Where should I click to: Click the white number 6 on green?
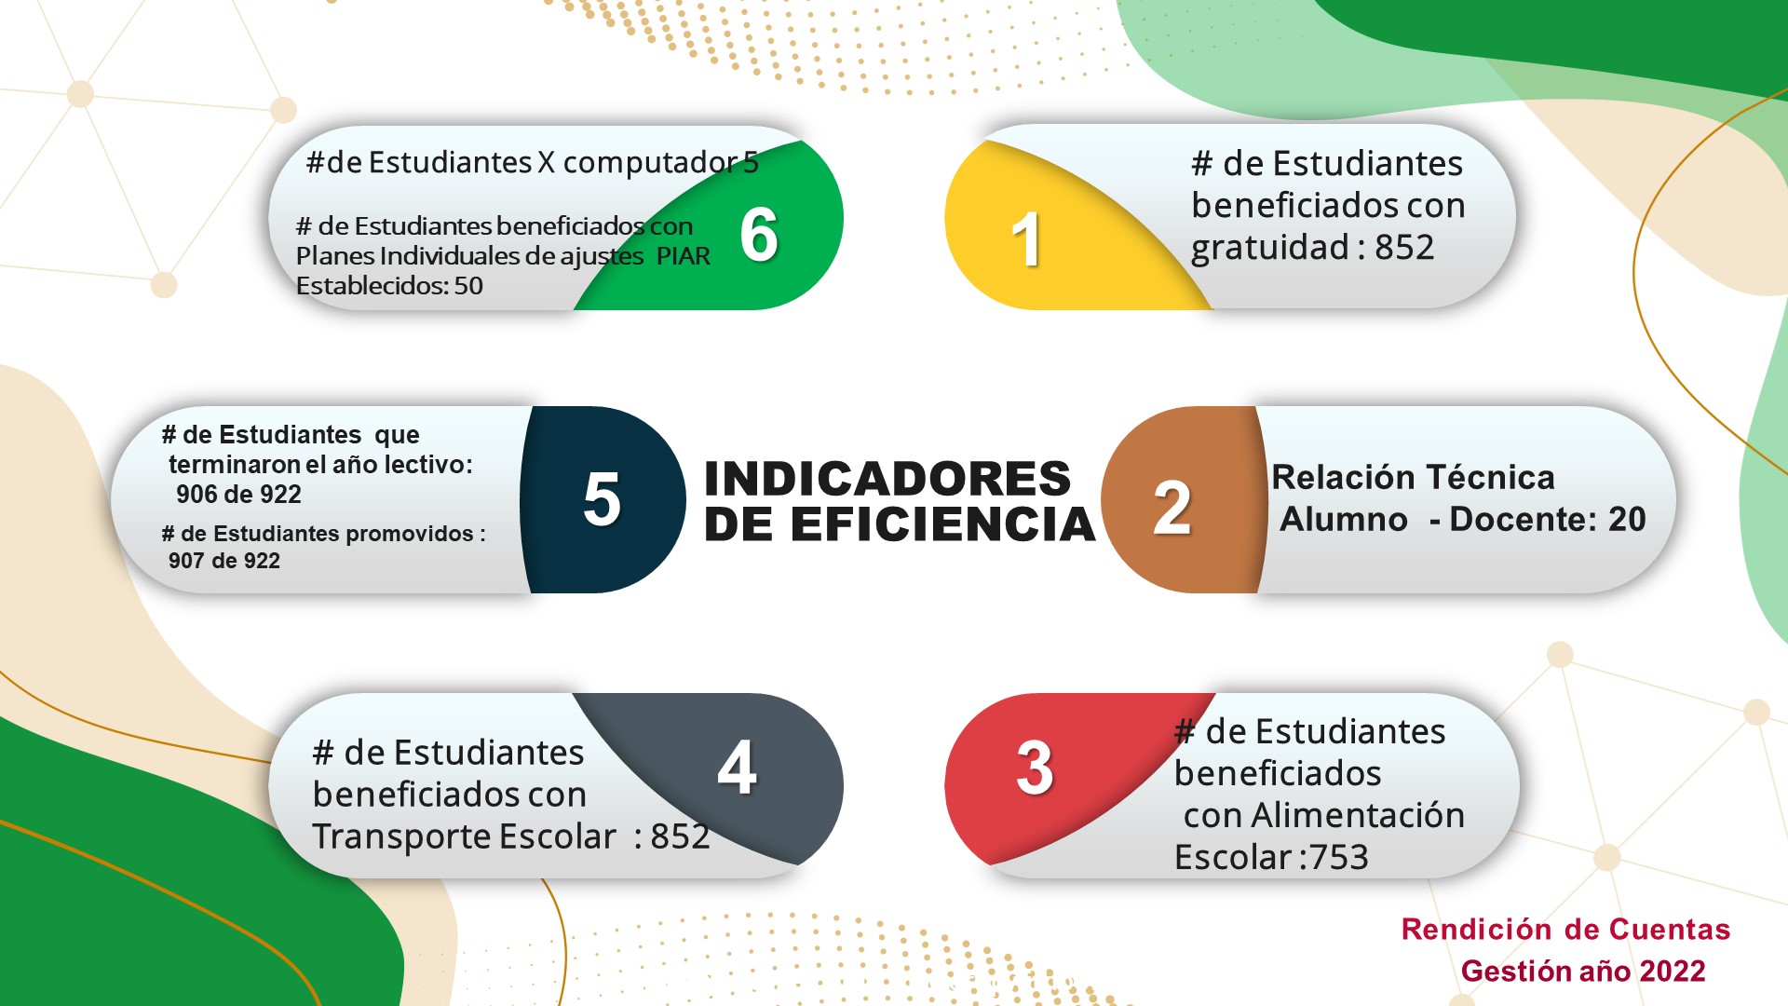759,234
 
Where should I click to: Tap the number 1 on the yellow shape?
1026,239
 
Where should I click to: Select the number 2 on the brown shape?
1172,509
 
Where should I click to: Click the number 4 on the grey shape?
737,768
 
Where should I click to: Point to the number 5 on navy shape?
602,499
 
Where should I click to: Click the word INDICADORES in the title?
887,479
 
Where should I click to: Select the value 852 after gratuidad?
1404,248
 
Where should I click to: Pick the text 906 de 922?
238,495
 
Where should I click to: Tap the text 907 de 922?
224,561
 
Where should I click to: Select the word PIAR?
684,256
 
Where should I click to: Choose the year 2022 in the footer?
1673,972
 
